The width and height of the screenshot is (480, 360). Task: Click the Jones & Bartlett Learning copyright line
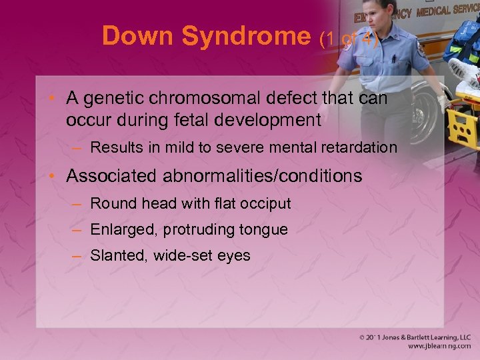(415, 338)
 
